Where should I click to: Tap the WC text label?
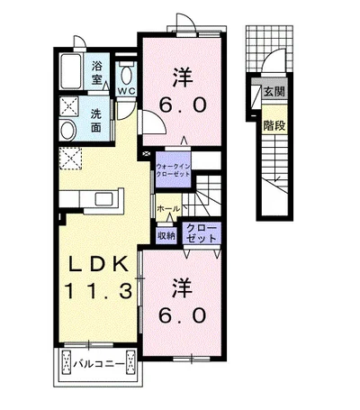(x=126, y=91)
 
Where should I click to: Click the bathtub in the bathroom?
(x=71, y=71)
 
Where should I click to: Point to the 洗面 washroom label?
(x=96, y=121)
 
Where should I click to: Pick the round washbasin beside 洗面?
(x=67, y=131)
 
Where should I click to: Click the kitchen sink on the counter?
(x=103, y=199)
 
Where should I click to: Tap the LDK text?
(x=98, y=264)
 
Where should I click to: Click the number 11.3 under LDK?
(x=98, y=290)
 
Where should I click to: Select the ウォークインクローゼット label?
(x=173, y=170)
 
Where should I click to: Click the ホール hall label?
(x=168, y=208)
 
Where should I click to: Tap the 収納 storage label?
(x=166, y=235)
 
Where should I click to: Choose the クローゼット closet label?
(x=202, y=233)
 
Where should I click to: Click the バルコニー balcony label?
(x=99, y=364)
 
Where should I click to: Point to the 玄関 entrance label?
(x=274, y=91)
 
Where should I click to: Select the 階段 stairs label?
(x=274, y=125)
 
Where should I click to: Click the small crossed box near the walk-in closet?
(x=146, y=154)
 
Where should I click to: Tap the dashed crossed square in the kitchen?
(x=70, y=159)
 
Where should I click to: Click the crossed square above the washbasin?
(x=68, y=106)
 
